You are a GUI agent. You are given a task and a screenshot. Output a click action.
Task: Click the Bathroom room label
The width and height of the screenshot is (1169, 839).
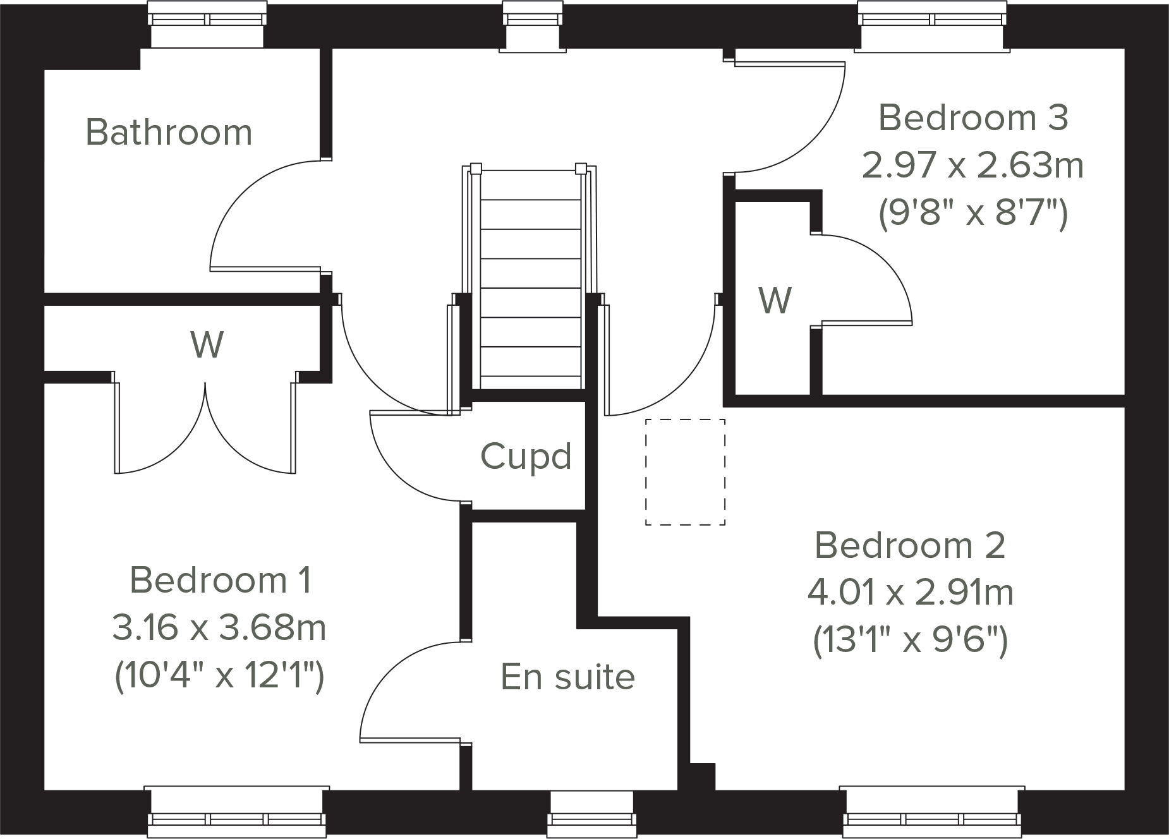tap(169, 133)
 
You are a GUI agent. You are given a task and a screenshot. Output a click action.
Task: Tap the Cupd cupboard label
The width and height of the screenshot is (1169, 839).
tap(526, 456)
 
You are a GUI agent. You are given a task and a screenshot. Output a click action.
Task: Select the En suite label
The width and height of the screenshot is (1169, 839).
tap(567, 677)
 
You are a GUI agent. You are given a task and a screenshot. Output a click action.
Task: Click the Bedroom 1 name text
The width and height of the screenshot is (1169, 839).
tap(221, 580)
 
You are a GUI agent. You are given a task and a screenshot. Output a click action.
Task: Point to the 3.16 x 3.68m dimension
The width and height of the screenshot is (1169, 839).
tap(219, 628)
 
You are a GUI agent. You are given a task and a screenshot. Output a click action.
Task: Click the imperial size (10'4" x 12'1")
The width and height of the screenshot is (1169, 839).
tap(219, 676)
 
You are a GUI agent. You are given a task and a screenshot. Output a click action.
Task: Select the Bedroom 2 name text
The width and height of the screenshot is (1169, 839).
tap(910, 545)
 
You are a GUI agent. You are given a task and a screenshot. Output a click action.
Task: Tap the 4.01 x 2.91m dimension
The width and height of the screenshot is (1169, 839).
tap(910, 593)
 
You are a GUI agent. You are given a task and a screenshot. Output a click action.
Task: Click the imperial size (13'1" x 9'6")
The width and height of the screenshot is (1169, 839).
tap(910, 641)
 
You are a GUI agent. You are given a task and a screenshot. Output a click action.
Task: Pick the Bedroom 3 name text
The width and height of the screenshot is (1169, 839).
tap(973, 118)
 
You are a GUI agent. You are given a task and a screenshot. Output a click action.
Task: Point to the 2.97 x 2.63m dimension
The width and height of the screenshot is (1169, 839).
tap(973, 166)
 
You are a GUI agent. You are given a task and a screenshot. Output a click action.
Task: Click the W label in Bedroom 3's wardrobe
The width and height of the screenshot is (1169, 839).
tap(775, 301)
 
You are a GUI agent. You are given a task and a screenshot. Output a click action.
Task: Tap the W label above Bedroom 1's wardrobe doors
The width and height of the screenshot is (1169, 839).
tap(207, 345)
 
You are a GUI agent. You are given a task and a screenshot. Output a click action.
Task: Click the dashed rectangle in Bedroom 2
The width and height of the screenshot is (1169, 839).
tap(685, 472)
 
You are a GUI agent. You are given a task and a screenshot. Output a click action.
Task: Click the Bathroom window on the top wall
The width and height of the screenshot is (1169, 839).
tap(207, 25)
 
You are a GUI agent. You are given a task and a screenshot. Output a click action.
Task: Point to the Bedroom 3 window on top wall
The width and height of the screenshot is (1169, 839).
tap(932, 25)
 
